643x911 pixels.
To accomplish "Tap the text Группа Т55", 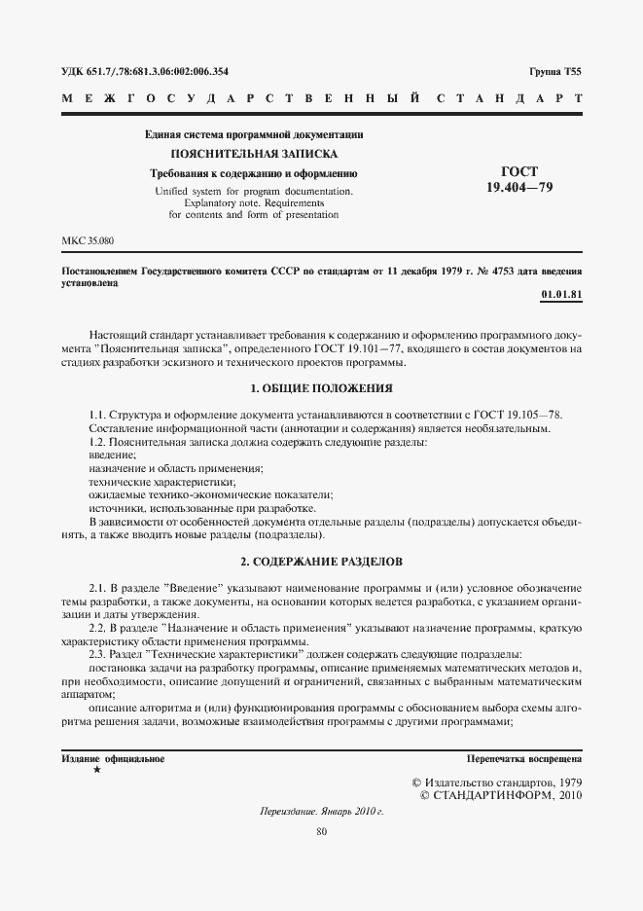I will (555, 71).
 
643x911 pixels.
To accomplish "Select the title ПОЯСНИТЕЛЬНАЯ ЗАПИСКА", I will (254, 154).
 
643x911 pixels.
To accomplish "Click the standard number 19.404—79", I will (518, 187).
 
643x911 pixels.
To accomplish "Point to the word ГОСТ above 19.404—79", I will (518, 171).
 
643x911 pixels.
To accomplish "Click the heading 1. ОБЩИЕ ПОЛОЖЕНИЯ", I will (321, 388).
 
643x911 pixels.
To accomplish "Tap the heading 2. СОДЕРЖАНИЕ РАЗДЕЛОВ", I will (321, 563).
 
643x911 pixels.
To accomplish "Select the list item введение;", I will (112, 455).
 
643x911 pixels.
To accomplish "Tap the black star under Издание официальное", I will (96, 770).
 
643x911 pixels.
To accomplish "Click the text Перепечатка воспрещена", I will (524, 757).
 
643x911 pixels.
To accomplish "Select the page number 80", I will (321, 830).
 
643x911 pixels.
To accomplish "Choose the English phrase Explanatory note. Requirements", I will (255, 202).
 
